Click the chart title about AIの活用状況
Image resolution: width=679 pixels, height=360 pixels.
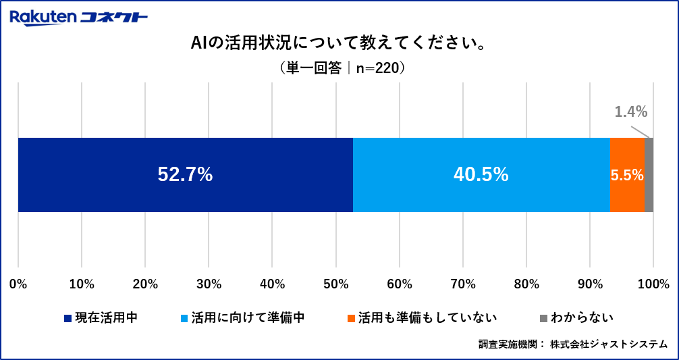[x=339, y=44]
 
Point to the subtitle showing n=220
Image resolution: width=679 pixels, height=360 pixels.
[x=339, y=68]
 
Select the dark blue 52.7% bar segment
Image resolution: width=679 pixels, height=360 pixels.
[x=185, y=175]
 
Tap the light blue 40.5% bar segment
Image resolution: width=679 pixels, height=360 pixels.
[x=481, y=175]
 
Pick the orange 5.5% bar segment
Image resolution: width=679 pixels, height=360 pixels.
[x=626, y=175]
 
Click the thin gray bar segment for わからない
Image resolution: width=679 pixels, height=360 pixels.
[x=649, y=175]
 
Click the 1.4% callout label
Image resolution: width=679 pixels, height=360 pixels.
[x=630, y=111]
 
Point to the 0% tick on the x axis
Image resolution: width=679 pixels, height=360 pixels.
[x=18, y=284]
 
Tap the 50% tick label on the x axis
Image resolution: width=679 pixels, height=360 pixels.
[x=335, y=284]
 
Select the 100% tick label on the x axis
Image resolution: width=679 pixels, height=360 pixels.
[x=653, y=284]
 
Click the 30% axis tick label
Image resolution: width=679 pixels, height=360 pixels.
[x=209, y=284]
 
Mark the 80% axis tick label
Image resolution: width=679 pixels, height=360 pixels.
[x=526, y=284]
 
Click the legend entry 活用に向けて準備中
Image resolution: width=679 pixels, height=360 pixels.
[x=248, y=317]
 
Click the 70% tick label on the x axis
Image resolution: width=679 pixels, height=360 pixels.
[x=462, y=284]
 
